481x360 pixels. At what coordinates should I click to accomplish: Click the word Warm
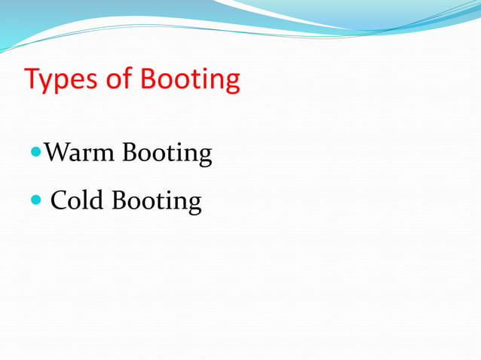[79, 153]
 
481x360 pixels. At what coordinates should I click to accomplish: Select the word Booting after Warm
[167, 154]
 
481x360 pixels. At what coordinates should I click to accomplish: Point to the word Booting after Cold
[157, 203]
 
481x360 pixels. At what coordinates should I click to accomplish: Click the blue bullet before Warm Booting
[36, 152]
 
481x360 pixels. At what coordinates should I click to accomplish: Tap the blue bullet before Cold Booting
[36, 200]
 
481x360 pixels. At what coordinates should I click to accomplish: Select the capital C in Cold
[58, 201]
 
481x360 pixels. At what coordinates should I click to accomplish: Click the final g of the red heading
[232, 82]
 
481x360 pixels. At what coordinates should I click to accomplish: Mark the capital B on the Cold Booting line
[119, 201]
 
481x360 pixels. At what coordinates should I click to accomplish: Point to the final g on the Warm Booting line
[204, 157]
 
